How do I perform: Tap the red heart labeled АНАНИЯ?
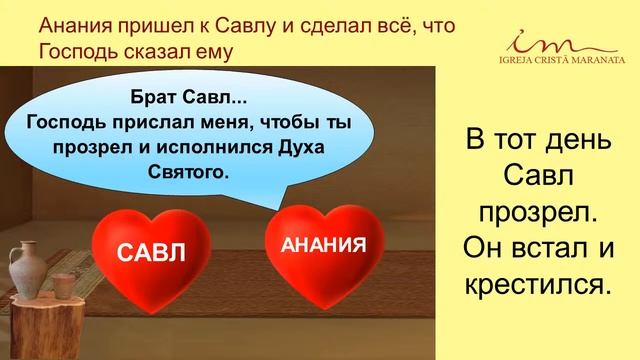[316, 243]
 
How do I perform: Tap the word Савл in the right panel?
[537, 179]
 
